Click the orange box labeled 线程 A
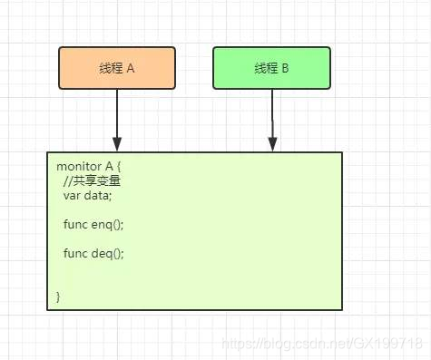tap(117, 68)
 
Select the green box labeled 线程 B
tap(272, 68)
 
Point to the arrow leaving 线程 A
tap(117, 113)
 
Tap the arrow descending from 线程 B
tap(272, 113)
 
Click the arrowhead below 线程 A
tap(117, 143)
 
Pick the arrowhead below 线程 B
tap(272, 143)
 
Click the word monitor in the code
tap(77, 167)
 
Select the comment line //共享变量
tap(92, 181)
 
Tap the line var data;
tap(88, 196)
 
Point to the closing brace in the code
tap(58, 297)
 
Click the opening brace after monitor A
tap(119, 167)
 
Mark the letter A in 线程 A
tap(132, 69)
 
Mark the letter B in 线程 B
tap(286, 69)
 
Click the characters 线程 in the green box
tap(265, 69)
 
